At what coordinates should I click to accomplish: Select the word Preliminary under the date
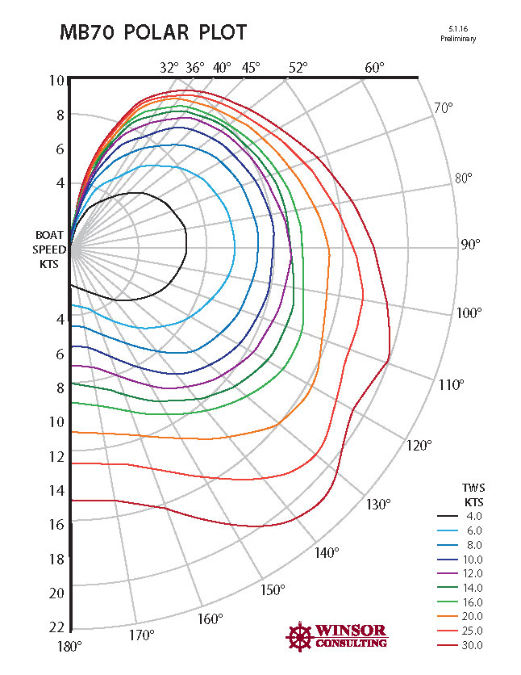pos(458,38)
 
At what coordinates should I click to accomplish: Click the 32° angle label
pos(169,68)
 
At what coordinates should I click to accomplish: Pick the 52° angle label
pos(298,68)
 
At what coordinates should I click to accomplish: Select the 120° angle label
pos(419,445)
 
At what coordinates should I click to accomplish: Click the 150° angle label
pos(273,589)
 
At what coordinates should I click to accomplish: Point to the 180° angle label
pos(69,646)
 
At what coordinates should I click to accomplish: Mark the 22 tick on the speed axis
pos(56,627)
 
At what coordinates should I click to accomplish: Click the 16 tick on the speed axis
pos(56,525)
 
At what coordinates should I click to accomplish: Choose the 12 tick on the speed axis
pos(56,457)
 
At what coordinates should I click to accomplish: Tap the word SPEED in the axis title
pos(50,249)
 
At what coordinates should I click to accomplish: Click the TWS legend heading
pos(473,488)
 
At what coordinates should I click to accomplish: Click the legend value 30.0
pos(473,645)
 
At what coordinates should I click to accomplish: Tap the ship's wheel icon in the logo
pos(299,635)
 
